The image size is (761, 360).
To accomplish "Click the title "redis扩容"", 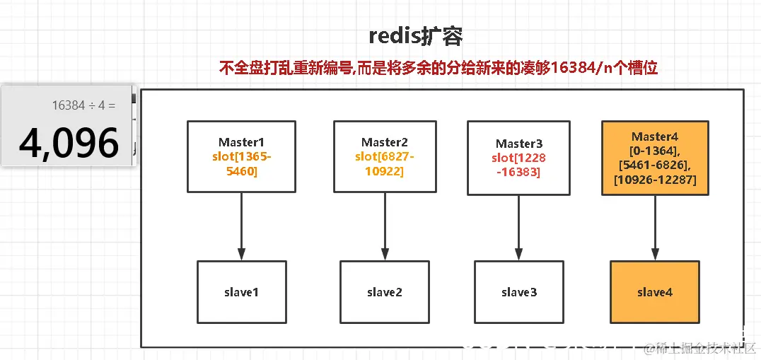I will click(416, 37).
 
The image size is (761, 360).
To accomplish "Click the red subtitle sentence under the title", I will click(438, 68).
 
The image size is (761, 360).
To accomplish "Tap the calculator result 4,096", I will click(69, 144).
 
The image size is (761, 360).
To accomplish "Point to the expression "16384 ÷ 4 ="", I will click(83, 105).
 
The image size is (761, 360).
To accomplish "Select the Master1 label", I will click(241, 142).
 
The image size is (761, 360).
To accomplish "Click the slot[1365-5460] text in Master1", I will click(241, 163).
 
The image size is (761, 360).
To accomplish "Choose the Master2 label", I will click(385, 142).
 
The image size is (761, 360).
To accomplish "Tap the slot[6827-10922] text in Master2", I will click(385, 163).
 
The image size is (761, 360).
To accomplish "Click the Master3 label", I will click(518, 144).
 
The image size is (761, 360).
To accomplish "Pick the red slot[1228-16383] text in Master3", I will click(518, 165).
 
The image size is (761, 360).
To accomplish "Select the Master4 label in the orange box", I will click(654, 137).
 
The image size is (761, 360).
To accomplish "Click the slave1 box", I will click(241, 292).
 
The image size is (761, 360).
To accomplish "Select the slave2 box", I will click(385, 292).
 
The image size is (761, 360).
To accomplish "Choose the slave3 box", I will click(518, 292).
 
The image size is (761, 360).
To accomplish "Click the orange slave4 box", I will click(654, 292).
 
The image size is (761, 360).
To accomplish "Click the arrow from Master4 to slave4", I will click(654, 228).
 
